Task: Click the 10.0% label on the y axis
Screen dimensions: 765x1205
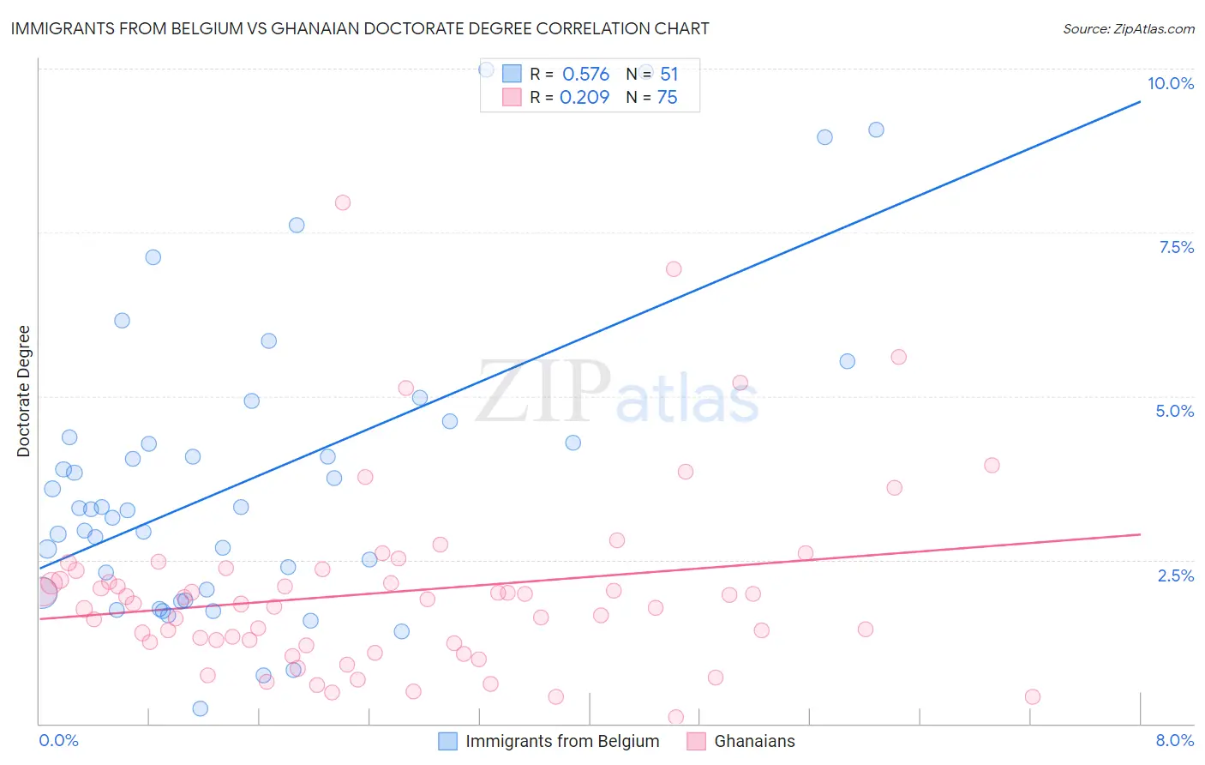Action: [1170, 83]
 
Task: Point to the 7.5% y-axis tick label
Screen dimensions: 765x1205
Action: [1176, 247]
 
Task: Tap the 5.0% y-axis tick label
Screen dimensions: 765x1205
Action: [1174, 411]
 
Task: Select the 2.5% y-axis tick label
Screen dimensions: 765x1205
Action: [1175, 575]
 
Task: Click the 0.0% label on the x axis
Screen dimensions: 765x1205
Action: [58, 740]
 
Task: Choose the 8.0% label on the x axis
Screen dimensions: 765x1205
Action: [1174, 740]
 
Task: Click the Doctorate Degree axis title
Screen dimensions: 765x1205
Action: [23, 391]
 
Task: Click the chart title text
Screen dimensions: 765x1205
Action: [360, 28]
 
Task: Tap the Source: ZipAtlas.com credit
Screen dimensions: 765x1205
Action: [1128, 28]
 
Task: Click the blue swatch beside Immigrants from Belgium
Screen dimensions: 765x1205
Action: [447, 741]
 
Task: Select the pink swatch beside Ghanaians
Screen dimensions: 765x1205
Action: [696, 741]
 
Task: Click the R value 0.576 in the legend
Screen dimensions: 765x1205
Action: [585, 75]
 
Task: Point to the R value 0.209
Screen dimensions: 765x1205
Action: [584, 98]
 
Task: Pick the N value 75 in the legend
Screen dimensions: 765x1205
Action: [667, 98]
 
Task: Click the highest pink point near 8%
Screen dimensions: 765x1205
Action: [343, 202]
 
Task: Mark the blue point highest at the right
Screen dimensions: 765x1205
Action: [876, 130]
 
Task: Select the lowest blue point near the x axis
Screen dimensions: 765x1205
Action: [201, 708]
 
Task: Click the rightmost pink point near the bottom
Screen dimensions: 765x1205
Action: [1033, 696]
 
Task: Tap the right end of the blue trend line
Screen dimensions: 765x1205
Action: [1140, 102]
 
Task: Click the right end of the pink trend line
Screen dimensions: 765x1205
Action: [1140, 534]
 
